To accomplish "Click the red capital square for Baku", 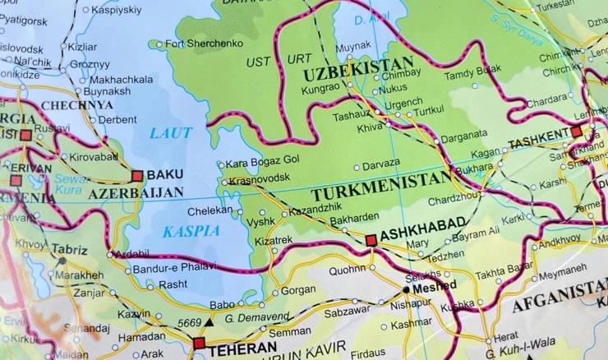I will (x=137, y=175).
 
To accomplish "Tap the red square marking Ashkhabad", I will (x=371, y=240).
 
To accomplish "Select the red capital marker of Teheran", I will (x=199, y=344).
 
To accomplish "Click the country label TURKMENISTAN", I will (x=382, y=195).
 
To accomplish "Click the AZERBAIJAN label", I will (x=136, y=193).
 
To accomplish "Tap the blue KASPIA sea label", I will (x=191, y=231).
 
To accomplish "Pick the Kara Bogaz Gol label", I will (x=262, y=162).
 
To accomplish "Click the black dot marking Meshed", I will (x=407, y=289).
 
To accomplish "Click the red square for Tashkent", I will (x=576, y=131).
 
